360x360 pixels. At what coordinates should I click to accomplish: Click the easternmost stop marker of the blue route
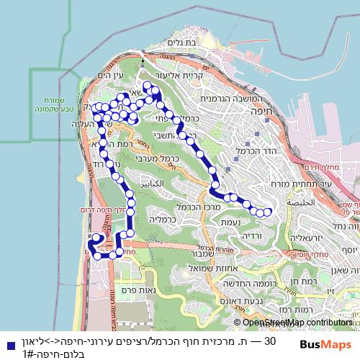268,212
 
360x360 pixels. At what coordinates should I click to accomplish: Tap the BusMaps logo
325,344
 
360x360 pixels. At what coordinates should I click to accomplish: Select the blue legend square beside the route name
6,344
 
